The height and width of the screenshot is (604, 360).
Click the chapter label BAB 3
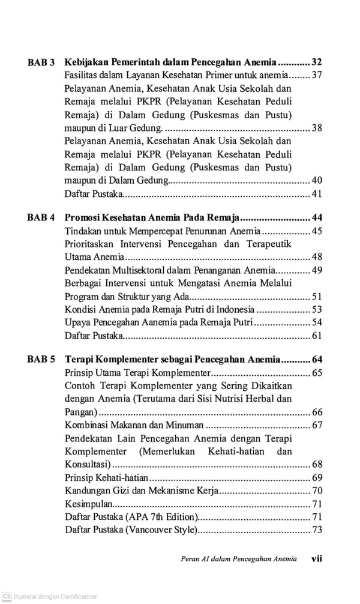pyautogui.click(x=41, y=62)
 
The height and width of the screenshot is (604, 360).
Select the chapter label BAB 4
pyautogui.click(x=41, y=217)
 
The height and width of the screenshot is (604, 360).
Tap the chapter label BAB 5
pyautogui.click(x=41, y=360)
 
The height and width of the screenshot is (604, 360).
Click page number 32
pyautogui.click(x=317, y=62)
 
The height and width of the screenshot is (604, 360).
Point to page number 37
pyautogui.click(x=317, y=76)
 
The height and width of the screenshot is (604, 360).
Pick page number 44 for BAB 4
pyautogui.click(x=317, y=217)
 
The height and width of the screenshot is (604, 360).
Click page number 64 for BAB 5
pyautogui.click(x=317, y=360)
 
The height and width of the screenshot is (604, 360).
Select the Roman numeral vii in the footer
pyautogui.click(x=317, y=558)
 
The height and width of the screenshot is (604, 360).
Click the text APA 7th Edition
pyautogui.click(x=163, y=516)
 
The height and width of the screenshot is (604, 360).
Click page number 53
pyautogui.click(x=317, y=310)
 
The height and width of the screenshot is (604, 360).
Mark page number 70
pyautogui.click(x=317, y=490)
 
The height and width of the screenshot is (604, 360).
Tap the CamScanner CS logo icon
pyautogui.click(x=6, y=597)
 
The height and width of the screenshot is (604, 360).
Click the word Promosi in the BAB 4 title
pyautogui.click(x=84, y=217)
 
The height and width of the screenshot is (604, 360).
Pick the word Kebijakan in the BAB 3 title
pyautogui.click(x=87, y=62)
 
